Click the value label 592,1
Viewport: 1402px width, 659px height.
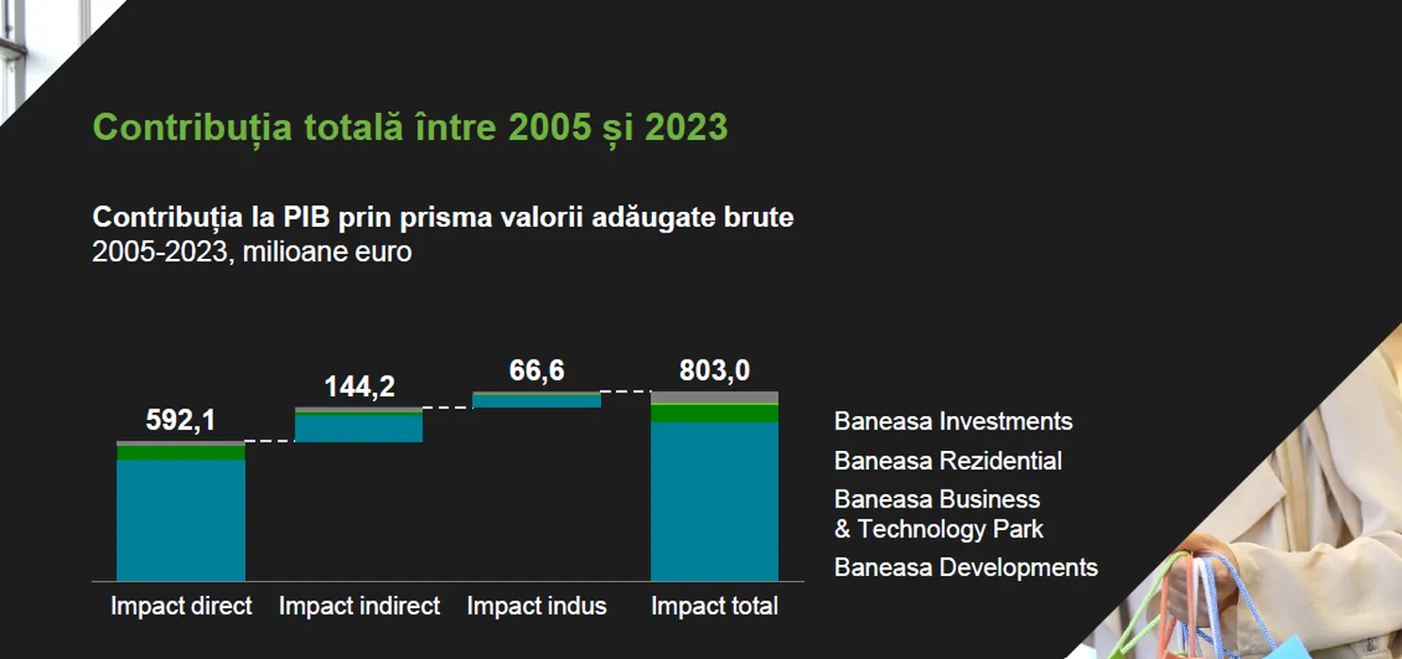click(x=180, y=420)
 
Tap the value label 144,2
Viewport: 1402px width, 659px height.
click(x=359, y=386)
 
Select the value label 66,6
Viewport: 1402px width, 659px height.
click(x=536, y=370)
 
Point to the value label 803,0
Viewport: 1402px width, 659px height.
click(x=714, y=370)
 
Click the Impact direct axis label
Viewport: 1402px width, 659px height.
click(x=181, y=606)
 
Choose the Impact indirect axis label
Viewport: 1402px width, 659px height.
click(x=359, y=606)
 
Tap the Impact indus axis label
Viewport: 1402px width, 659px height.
click(x=536, y=606)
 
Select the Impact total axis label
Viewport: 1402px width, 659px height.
click(x=714, y=606)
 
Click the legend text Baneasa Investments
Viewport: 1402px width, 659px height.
click(x=954, y=422)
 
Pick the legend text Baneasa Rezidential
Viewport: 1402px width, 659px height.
click(x=948, y=460)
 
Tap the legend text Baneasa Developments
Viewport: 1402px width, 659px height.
click(x=966, y=568)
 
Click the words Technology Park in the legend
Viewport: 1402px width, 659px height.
click(x=950, y=529)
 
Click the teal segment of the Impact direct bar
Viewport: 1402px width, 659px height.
click(x=181, y=521)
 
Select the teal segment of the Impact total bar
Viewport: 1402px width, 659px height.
click(x=714, y=502)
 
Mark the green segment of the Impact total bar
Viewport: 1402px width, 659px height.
click(x=714, y=413)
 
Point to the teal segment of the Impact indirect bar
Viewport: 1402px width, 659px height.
click(x=359, y=429)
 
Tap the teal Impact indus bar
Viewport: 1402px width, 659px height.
click(x=536, y=401)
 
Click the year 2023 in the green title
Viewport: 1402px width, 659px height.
click(x=686, y=127)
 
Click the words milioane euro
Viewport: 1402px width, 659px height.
click(x=327, y=252)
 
